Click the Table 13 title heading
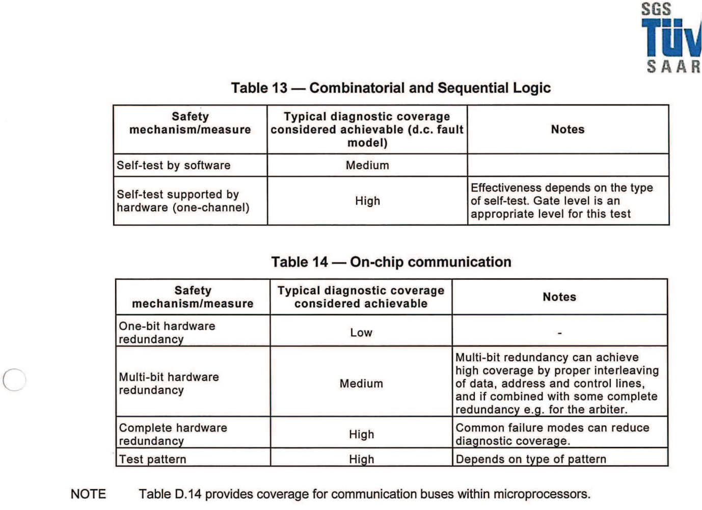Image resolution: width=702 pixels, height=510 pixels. click(391, 88)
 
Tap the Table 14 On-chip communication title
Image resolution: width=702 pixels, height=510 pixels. click(391, 262)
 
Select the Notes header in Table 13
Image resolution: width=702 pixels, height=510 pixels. click(568, 129)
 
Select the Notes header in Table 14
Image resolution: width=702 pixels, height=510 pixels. click(559, 297)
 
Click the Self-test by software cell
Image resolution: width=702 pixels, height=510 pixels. click(174, 166)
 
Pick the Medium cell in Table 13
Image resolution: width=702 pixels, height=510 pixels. click(367, 166)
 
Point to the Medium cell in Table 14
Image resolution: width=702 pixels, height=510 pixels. click(361, 384)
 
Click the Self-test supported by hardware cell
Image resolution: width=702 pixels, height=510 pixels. click(183, 201)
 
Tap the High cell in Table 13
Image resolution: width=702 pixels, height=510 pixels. click(367, 201)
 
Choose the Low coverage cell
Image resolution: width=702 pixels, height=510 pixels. click(361, 333)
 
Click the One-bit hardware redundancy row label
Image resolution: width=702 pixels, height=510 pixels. click(167, 333)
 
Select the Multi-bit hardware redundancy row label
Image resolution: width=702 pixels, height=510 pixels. click(169, 384)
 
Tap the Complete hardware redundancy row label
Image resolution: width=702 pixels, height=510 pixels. click(173, 434)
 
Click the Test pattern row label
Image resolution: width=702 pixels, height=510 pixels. click(152, 459)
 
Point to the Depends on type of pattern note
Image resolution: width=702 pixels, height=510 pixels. click(531, 459)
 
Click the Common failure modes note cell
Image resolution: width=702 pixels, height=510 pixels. click(552, 434)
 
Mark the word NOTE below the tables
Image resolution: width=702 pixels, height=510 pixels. click(88, 494)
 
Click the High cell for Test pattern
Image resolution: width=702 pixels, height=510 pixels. click(361, 459)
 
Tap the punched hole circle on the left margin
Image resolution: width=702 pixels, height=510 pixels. click(14, 380)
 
